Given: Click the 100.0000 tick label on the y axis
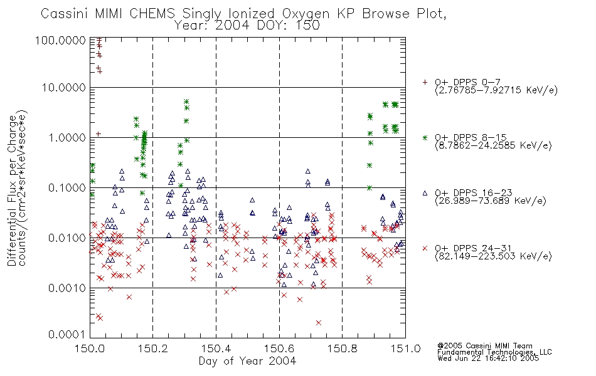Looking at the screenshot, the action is tap(60, 40).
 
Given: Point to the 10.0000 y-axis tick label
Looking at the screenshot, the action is tap(63, 88).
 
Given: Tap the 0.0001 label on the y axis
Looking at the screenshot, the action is tap(67, 334).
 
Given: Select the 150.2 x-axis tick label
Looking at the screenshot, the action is tap(153, 348).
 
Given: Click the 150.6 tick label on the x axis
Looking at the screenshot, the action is tap(279, 348).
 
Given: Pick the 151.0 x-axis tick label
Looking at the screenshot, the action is tap(405, 348).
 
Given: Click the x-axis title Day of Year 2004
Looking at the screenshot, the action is tap(247, 361).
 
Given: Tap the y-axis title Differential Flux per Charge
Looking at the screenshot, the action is tap(13, 191).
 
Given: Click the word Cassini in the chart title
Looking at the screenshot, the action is tap(65, 14).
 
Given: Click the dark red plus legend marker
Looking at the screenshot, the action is tap(425, 82).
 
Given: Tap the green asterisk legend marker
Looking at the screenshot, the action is tap(425, 137).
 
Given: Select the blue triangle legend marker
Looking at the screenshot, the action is tap(425, 193).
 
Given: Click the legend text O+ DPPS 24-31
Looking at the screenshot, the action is tap(473, 248).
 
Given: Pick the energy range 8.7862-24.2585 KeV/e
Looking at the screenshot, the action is tap(493, 145).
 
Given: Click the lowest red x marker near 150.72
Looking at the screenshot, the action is tap(319, 323).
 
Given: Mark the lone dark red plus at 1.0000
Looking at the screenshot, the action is tap(98, 133).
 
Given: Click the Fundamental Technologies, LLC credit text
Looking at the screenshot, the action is tap(494, 352).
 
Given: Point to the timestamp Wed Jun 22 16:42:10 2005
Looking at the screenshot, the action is tap(488, 358).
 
